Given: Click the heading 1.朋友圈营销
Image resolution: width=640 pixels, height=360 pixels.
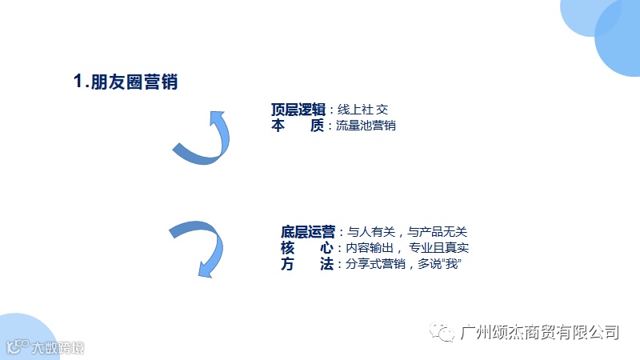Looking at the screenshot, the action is pos(126,82).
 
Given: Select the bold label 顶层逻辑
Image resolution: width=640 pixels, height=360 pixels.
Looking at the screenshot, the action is pos(298,110).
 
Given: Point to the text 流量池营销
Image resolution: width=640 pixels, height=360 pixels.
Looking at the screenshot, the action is pos(367,126).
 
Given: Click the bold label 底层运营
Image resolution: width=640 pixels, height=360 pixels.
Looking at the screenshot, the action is pos(308,231).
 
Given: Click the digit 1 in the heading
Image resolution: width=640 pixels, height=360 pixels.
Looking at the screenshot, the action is pos(78,82).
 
